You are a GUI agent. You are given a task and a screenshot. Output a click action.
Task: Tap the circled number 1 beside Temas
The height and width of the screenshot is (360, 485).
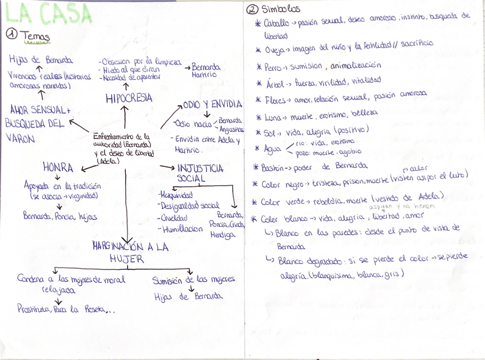coord(11,35)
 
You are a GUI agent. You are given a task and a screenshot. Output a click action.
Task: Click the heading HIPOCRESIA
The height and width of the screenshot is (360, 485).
coord(129,98)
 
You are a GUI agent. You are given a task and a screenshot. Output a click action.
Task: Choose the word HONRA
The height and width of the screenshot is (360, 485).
coord(58,167)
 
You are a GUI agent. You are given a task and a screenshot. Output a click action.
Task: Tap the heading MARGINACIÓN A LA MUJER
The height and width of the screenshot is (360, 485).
coord(130,252)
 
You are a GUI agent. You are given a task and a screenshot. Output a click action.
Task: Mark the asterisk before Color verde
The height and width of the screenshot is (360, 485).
coord(255,202)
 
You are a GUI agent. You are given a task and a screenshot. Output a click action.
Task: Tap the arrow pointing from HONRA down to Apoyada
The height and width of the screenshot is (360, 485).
coord(58,178)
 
